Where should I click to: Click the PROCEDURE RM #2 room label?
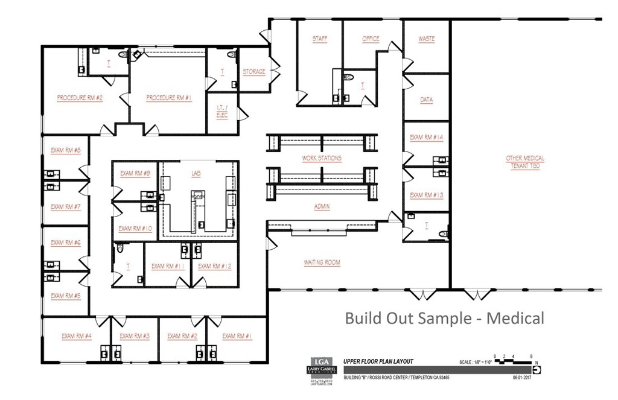[x=80, y=98]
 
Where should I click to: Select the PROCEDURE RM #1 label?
[x=169, y=98]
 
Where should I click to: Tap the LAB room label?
[x=196, y=173]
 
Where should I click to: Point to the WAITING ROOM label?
[x=322, y=262]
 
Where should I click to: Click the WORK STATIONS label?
[x=322, y=158]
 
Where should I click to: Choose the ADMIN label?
[x=322, y=206]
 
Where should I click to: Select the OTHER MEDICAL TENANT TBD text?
[x=524, y=162]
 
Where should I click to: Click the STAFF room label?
[x=319, y=39]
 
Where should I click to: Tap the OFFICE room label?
[x=371, y=39]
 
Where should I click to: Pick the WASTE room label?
[x=426, y=39]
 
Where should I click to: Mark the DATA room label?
[x=426, y=100]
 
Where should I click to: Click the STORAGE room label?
[x=253, y=72]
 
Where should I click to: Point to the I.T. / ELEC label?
[x=222, y=111]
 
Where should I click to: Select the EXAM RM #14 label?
[x=426, y=138]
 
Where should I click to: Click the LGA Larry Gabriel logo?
[x=317, y=370]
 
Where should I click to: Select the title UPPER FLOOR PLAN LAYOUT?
[x=378, y=361]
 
